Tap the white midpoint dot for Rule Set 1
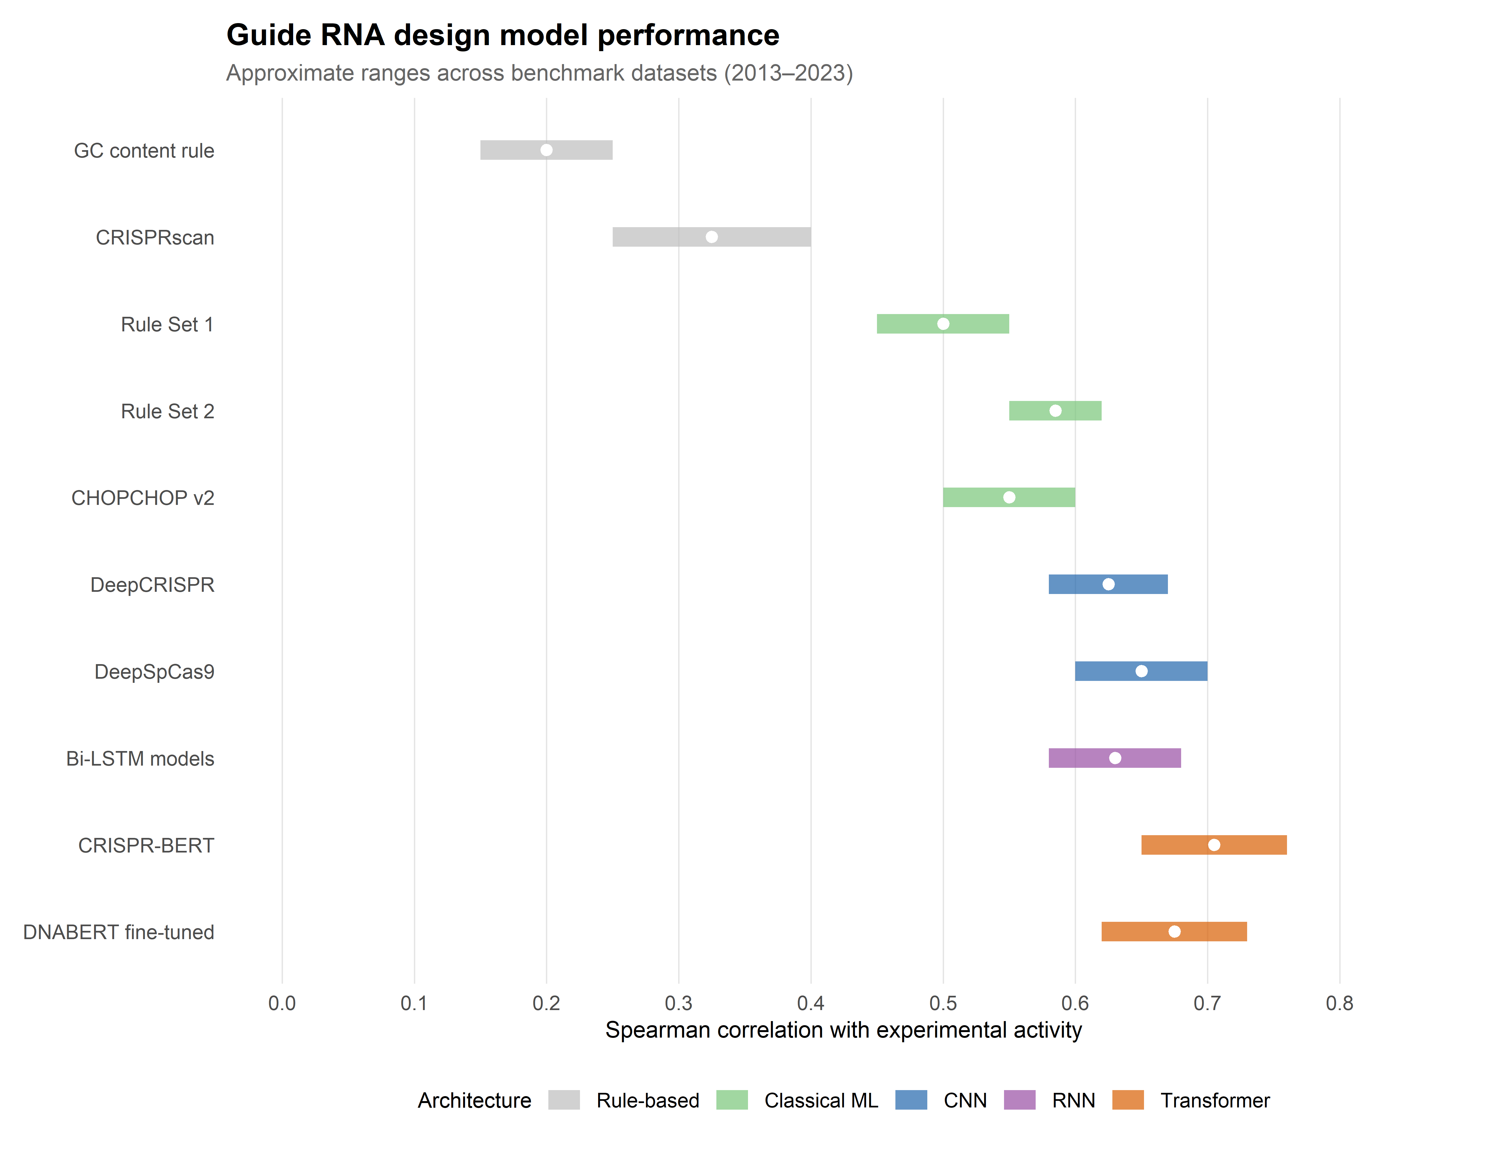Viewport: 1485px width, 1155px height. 943,324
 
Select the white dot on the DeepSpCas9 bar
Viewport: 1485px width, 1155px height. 1142,672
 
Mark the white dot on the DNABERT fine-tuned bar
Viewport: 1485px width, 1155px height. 1174,932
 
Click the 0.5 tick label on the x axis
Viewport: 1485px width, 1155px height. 943,1003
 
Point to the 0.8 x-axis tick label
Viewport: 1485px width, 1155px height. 1340,1003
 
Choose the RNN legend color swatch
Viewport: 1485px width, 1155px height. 1019,1100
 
